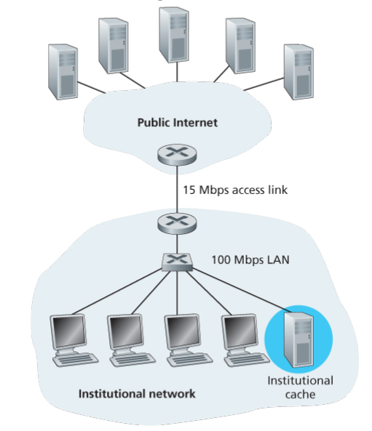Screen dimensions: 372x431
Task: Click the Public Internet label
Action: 178,123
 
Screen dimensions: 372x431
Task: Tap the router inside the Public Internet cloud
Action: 177,155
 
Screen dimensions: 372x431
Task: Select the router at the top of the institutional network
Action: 177,223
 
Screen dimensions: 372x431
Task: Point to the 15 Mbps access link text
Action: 235,190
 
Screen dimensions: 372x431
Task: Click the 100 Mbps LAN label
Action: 250,259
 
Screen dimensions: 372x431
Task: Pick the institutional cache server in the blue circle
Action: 298,339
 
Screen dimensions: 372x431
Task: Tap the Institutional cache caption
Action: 300,387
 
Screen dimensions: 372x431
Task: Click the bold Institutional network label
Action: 137,394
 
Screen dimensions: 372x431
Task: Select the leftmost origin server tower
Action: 63,72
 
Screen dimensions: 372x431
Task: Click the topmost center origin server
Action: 174,35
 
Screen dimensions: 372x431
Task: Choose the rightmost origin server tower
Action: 298,72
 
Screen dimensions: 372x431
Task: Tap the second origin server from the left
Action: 114,46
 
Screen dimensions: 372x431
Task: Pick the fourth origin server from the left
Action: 240,46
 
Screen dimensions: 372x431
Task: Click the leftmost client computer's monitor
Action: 68,334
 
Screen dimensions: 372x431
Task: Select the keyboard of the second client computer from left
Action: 132,360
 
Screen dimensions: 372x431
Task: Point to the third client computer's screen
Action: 183,331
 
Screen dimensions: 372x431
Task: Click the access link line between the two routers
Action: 177,189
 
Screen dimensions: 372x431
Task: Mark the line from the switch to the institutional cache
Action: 241,291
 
